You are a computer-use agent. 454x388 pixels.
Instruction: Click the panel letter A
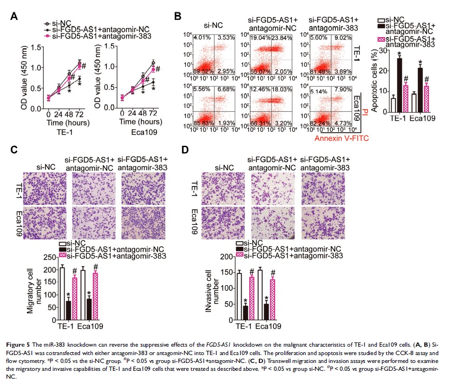click(14, 16)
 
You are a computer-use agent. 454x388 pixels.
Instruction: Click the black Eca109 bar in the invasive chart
click(266, 312)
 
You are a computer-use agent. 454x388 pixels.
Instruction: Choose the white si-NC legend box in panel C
click(62, 243)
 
